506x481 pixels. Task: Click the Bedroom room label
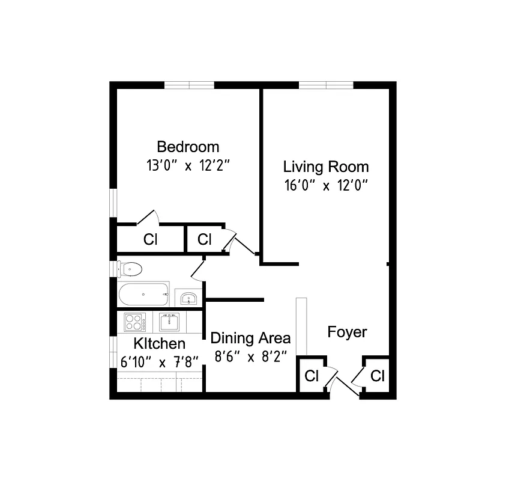pyautogui.click(x=188, y=147)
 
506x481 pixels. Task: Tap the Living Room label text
pyautogui.click(x=326, y=167)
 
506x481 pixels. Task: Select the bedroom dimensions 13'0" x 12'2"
pyautogui.click(x=188, y=165)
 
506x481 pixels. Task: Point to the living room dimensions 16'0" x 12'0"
pyautogui.click(x=326, y=185)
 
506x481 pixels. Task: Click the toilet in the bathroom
pyautogui.click(x=130, y=268)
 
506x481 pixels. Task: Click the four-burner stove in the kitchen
pyautogui.click(x=136, y=322)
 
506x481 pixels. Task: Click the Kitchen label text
pyautogui.click(x=159, y=344)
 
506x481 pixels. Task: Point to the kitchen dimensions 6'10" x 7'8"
pyautogui.click(x=159, y=362)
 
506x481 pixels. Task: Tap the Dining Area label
pyautogui.click(x=250, y=337)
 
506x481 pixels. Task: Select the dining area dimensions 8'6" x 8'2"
pyautogui.click(x=250, y=355)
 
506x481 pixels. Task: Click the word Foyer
pyautogui.click(x=347, y=332)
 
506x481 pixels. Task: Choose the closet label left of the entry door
pyautogui.click(x=311, y=376)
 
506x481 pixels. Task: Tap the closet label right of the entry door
pyautogui.click(x=377, y=376)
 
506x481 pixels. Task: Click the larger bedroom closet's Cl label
pyautogui.click(x=150, y=239)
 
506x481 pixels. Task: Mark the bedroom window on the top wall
pyautogui.click(x=190, y=85)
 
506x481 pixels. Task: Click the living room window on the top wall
pyautogui.click(x=326, y=85)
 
